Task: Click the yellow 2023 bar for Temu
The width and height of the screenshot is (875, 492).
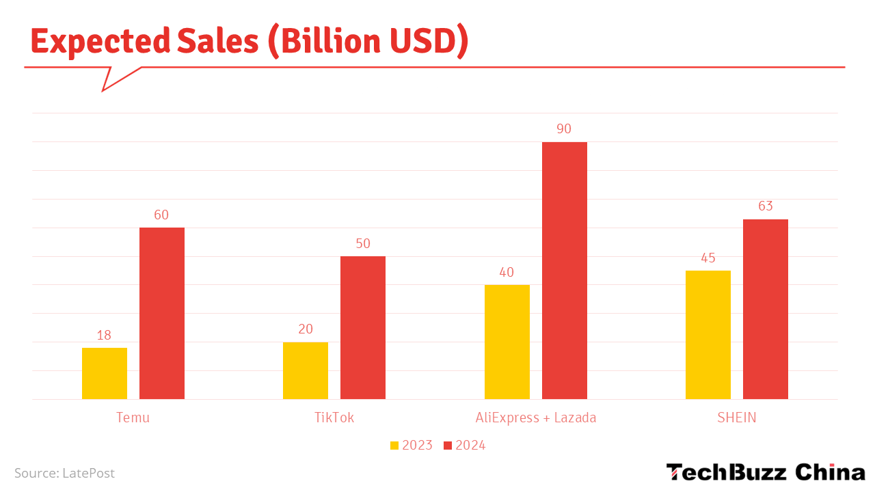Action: click(105, 373)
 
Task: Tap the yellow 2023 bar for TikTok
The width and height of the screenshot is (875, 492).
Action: click(306, 370)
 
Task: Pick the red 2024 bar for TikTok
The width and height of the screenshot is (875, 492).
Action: click(363, 327)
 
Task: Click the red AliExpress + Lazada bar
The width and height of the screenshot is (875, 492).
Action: click(565, 270)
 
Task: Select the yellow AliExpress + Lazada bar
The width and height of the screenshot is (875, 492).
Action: click(507, 342)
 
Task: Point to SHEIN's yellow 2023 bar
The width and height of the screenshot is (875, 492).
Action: click(708, 335)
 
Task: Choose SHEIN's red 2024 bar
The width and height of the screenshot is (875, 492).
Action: click(766, 309)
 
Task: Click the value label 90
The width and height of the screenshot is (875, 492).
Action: click(564, 129)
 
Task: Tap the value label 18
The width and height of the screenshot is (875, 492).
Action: click(104, 336)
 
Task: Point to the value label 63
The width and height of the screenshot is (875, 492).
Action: click(766, 206)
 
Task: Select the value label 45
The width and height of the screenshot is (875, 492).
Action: click(708, 258)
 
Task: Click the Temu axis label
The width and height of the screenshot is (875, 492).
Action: click(133, 418)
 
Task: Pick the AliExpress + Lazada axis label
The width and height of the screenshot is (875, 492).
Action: click(536, 418)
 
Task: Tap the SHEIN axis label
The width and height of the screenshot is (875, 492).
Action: click(737, 418)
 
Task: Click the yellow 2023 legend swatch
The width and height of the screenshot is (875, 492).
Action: click(394, 446)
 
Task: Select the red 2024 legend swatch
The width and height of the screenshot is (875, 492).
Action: click(448, 446)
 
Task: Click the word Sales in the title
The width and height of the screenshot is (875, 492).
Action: click(217, 42)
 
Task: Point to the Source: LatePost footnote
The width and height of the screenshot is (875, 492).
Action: click(64, 473)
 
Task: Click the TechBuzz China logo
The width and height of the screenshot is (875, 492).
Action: click(766, 472)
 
